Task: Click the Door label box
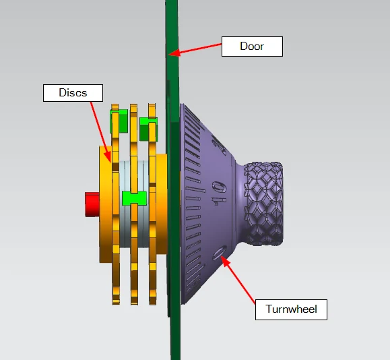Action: tap(252, 47)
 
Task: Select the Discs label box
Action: tap(73, 93)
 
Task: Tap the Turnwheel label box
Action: tap(291, 309)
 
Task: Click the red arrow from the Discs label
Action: tap(101, 132)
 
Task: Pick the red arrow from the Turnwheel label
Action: tap(238, 280)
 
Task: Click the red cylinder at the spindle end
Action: tap(92, 204)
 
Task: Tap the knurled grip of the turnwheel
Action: tap(263, 204)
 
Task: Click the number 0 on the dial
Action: tap(220, 253)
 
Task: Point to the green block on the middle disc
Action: tap(134, 198)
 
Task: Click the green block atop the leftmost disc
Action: tap(119, 121)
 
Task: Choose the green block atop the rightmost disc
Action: tap(148, 129)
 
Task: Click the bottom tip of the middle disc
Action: tap(134, 304)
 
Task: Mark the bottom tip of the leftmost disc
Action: tap(116, 304)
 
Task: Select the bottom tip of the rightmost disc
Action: tap(153, 304)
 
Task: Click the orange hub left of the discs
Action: tap(106, 204)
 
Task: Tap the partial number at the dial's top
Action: tap(219, 144)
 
